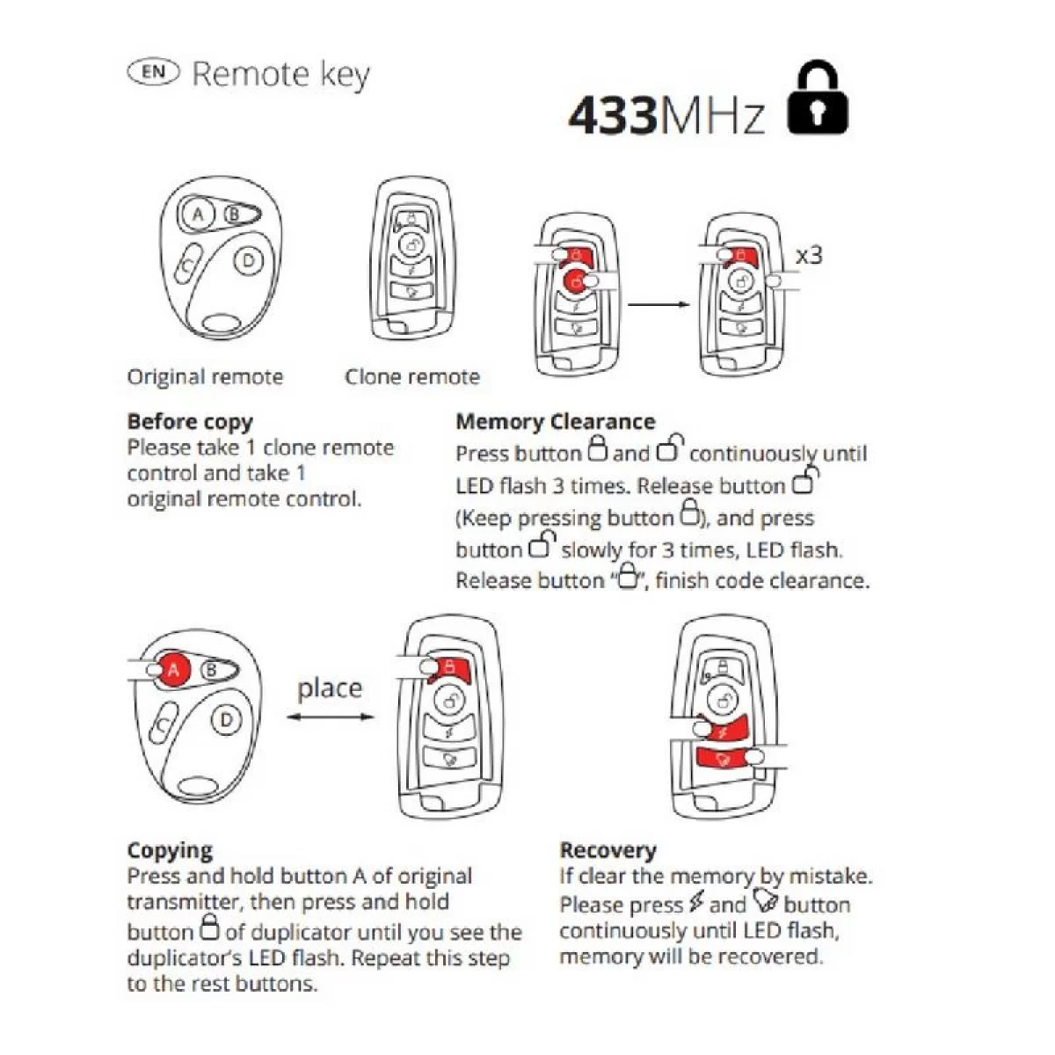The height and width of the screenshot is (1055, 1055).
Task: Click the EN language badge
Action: coord(153,72)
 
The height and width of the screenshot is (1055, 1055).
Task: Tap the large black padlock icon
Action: coord(817,98)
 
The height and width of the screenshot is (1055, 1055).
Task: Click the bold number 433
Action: coord(613,115)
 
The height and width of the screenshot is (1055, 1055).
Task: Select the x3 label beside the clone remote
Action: coord(809,255)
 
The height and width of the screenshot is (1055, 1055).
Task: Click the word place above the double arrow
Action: coord(330,688)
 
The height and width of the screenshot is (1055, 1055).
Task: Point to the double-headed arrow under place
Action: coord(331,717)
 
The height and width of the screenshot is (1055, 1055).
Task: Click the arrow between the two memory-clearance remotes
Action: coord(658,304)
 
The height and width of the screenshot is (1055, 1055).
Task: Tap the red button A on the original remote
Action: coord(173,670)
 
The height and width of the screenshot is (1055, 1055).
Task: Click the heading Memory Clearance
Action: coord(555,422)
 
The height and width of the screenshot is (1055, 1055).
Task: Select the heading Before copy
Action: coord(190,422)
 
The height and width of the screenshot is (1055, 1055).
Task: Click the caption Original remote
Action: coord(206,376)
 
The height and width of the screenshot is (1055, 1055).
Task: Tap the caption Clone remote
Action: coord(412,376)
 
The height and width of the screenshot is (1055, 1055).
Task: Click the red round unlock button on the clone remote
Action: coord(577,281)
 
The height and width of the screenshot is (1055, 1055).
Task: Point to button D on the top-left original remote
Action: coord(249,260)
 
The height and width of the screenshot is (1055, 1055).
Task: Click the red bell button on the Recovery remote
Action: coord(724,759)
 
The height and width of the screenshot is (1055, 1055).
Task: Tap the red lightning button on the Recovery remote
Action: coord(724,729)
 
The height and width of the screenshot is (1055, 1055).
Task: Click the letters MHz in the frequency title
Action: coord(711,116)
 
